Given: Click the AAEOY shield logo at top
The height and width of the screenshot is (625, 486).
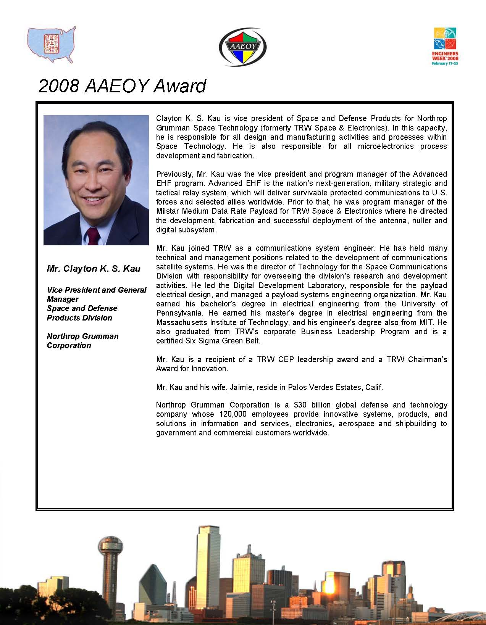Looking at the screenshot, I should click(x=242, y=47).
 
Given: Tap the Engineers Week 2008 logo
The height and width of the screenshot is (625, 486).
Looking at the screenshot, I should click(x=445, y=46).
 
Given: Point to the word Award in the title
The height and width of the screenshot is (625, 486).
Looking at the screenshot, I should click(x=180, y=86).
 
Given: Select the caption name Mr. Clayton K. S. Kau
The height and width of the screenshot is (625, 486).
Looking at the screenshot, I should click(x=94, y=269).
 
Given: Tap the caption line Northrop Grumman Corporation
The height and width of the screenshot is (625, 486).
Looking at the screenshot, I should click(x=82, y=341).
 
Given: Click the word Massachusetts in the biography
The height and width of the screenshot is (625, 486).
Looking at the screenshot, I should click(x=181, y=322).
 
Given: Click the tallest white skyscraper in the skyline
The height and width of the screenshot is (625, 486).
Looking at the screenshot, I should click(x=208, y=565).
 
